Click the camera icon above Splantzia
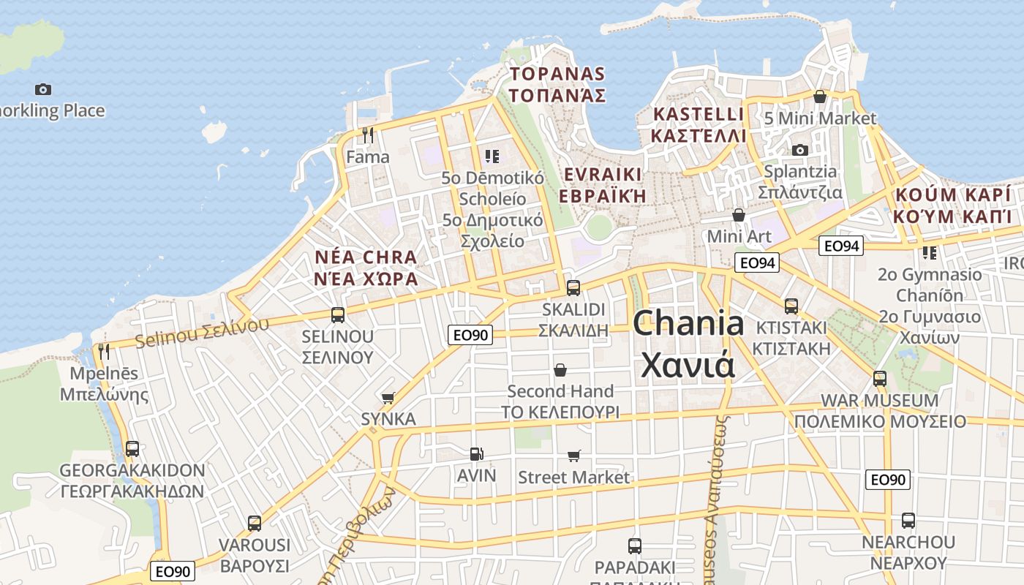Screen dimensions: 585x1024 (800, 150)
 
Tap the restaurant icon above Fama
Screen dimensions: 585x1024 (368, 135)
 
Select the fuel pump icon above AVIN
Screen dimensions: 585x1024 (476, 454)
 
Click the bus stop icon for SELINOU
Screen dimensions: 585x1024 (338, 315)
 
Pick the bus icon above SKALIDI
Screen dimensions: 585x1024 (573, 287)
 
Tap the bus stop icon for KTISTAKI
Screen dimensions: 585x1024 (791, 306)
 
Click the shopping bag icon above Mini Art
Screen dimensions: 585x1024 (739, 215)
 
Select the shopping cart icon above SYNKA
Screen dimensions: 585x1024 (388, 398)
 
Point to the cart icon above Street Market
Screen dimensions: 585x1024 (574, 456)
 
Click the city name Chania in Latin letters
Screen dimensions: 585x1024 (688, 323)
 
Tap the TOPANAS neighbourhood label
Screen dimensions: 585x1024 (558, 74)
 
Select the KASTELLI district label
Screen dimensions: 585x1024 (698, 115)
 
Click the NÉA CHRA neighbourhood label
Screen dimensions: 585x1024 (366, 257)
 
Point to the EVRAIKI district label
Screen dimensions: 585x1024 (603, 175)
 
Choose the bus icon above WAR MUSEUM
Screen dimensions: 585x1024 (880, 379)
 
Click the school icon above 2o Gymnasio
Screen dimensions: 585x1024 (929, 253)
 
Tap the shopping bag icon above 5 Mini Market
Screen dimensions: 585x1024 (820, 97)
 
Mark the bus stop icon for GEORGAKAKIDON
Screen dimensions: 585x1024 (132, 449)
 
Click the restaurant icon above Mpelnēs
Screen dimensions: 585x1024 (104, 352)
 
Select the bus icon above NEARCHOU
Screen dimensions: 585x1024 (908, 521)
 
